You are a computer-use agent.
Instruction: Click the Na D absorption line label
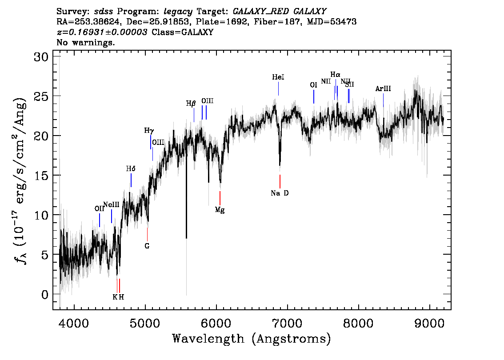[x=280, y=193]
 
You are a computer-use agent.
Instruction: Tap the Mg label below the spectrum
[x=220, y=210]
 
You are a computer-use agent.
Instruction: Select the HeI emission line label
[x=278, y=77]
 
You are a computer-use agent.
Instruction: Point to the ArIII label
[x=383, y=89]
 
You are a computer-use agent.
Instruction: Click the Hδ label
[x=131, y=169]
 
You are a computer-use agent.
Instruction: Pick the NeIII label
[x=111, y=205]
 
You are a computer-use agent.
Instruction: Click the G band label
[x=147, y=246]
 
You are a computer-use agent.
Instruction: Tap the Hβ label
[x=191, y=104]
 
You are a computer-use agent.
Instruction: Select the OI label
[x=313, y=85]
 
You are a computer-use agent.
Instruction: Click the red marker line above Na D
[x=280, y=182]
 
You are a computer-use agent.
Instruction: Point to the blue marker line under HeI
[x=278, y=89]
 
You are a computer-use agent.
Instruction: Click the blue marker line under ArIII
[x=383, y=100]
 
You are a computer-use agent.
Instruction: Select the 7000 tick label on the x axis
[x=287, y=324]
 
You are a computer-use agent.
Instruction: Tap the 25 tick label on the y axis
[x=41, y=96]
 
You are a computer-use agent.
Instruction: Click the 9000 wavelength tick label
[x=429, y=324]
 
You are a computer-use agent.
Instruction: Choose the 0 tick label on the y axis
[x=45, y=294]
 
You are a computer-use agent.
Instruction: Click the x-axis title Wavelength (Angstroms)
[x=252, y=339]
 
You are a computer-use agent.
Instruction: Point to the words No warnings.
[x=85, y=42]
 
